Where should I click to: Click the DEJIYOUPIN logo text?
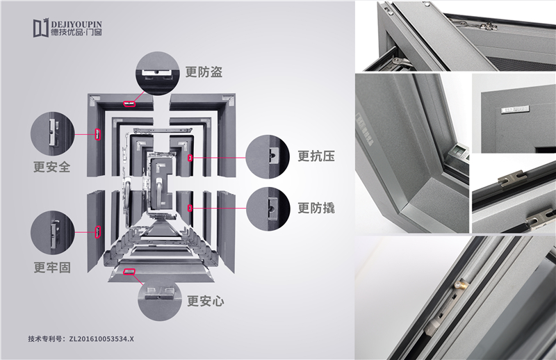click(76, 24)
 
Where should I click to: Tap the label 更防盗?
click(204, 72)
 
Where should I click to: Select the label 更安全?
click(51, 167)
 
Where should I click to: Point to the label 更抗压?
click(316, 156)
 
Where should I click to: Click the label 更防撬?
click(316, 208)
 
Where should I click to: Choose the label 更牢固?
click(52, 268)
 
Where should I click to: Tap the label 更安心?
click(206, 301)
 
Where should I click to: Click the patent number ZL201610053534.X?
click(101, 338)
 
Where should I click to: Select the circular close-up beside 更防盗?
click(158, 74)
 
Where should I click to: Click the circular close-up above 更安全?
click(53, 133)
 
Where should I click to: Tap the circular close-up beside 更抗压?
click(268, 156)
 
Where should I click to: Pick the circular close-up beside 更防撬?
click(268, 209)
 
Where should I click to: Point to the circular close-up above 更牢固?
click(53, 233)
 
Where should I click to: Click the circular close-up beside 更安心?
click(160, 299)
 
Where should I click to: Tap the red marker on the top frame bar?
click(129, 104)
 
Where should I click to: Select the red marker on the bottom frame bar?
click(129, 272)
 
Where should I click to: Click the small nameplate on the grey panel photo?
click(514, 109)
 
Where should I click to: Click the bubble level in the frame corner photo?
click(459, 152)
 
